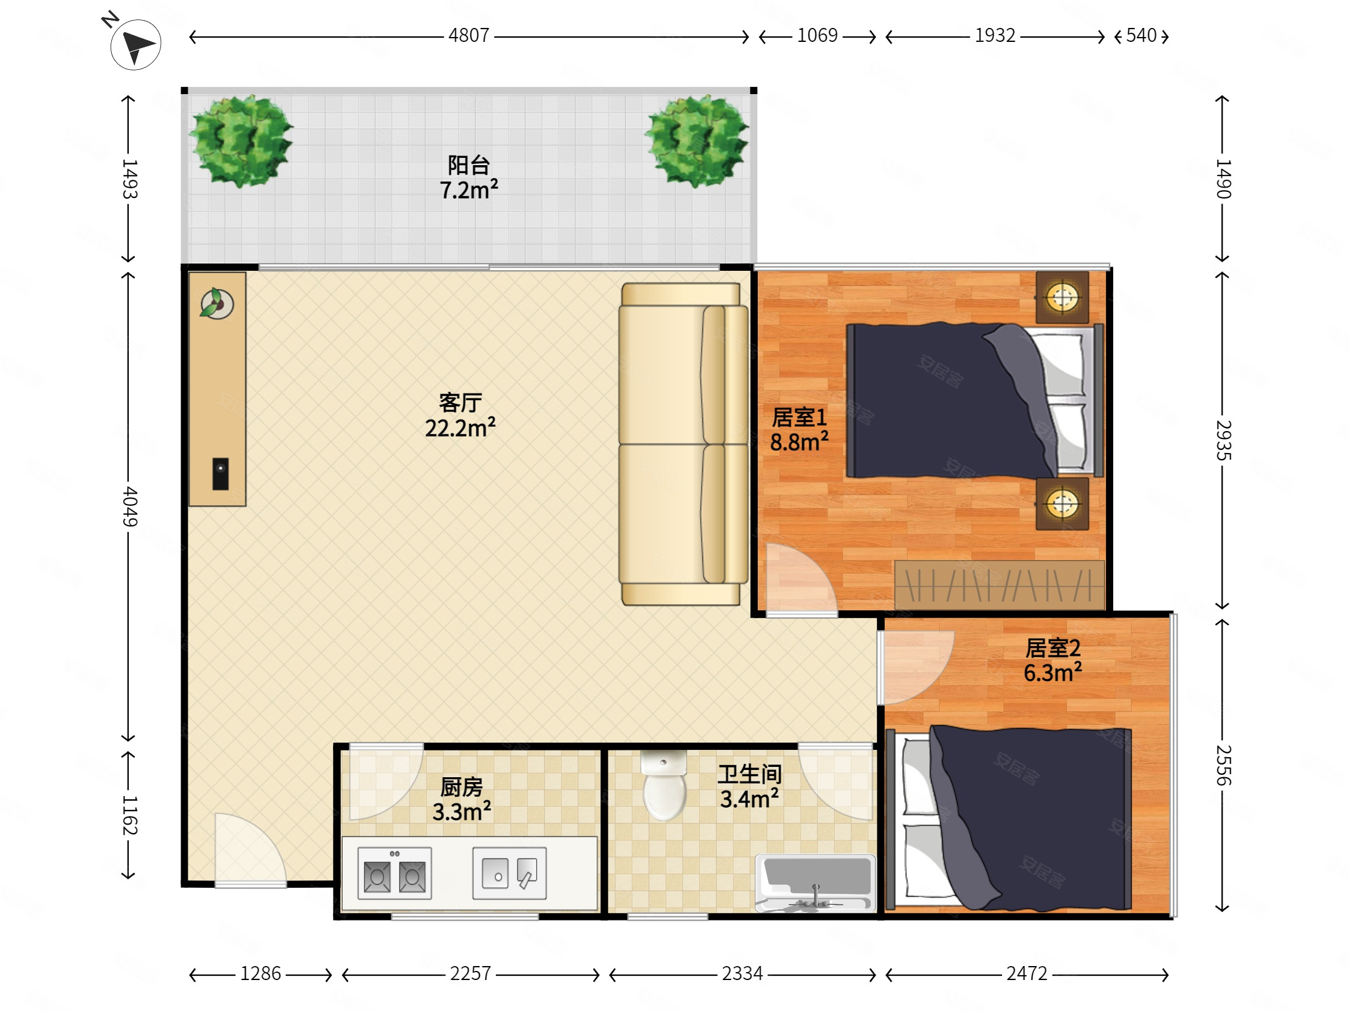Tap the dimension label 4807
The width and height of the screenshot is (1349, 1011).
click(x=469, y=35)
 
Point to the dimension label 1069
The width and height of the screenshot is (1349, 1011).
click(x=817, y=35)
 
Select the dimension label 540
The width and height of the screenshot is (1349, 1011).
click(x=1141, y=35)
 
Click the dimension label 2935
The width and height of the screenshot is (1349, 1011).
click(x=1223, y=440)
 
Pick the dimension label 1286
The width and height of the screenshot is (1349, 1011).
click(x=261, y=973)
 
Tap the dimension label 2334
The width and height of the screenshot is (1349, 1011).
click(x=742, y=973)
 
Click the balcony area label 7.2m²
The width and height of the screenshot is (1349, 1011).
click(x=469, y=189)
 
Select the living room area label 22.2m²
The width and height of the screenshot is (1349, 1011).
click(x=460, y=427)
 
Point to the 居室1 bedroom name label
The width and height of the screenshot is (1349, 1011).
click(x=799, y=417)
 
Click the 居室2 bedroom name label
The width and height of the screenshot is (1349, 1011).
click(x=1052, y=648)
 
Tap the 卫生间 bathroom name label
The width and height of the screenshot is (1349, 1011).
click(x=749, y=774)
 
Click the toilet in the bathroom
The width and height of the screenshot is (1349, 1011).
click(x=664, y=786)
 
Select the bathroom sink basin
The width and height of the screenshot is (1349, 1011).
click(x=815, y=883)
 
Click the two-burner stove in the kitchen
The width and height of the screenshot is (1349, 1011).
click(x=394, y=873)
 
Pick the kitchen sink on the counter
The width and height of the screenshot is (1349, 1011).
click(x=509, y=873)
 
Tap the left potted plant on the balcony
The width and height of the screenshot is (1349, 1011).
click(x=241, y=141)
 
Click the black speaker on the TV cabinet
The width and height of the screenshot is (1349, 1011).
click(x=220, y=474)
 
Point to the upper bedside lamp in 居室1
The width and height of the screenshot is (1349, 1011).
click(x=1062, y=298)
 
